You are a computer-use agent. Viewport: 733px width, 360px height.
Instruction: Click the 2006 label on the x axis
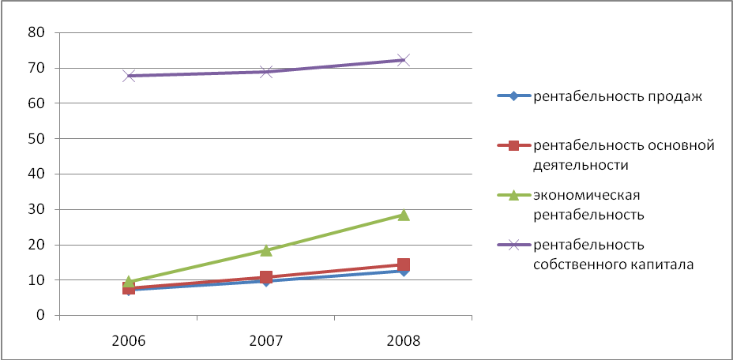tap(129, 341)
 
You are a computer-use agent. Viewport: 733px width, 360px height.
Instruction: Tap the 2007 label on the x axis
tap(266, 341)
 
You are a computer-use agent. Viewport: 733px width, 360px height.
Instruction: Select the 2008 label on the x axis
tap(404, 341)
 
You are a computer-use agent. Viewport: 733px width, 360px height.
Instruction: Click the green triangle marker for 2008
tap(404, 215)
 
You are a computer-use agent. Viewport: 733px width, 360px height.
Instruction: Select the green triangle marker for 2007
tap(266, 250)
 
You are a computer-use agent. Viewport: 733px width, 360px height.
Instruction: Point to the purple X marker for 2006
tap(129, 76)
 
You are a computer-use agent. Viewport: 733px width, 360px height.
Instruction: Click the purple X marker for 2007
tap(266, 72)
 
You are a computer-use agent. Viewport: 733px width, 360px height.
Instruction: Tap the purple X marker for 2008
tap(404, 60)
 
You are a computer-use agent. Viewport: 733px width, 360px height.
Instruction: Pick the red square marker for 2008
tap(404, 265)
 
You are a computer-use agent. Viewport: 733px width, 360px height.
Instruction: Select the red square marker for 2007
tap(266, 277)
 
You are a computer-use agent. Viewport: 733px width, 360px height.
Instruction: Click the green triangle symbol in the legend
tap(513, 194)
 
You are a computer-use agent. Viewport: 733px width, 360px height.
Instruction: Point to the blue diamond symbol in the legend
tap(513, 96)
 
